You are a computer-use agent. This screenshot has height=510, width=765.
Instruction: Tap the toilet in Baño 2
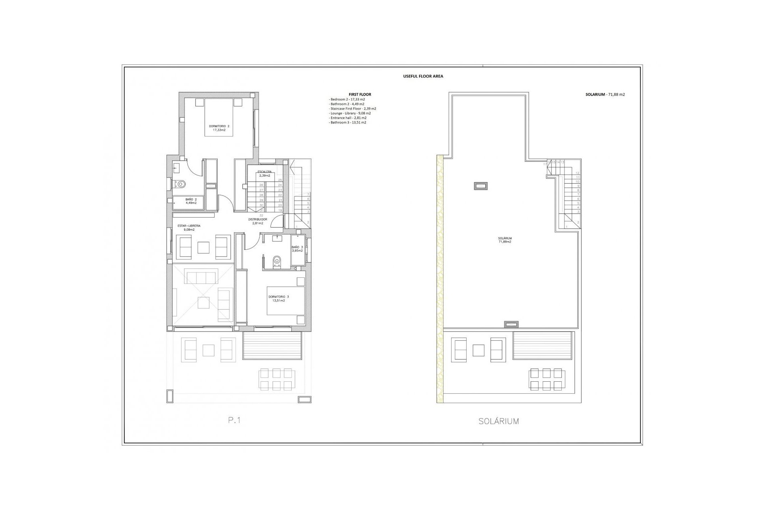pos(181,184)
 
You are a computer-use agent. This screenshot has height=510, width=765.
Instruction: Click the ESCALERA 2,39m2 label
pos(265,173)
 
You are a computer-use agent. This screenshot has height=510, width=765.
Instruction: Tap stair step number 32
pos(261,215)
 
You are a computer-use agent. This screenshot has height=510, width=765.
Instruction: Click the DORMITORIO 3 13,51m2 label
pos(279,298)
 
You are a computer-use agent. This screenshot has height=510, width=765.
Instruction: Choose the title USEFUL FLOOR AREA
pos(423,76)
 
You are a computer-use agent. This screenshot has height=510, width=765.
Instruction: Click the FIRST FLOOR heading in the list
pos(360,94)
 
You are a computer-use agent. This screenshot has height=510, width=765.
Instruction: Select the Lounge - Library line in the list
pos(351,113)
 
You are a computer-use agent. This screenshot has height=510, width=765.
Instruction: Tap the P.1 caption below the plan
pos(234,420)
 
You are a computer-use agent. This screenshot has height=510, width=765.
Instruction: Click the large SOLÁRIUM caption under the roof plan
pos(498,421)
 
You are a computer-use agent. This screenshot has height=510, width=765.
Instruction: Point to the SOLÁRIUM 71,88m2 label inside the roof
pos(504,240)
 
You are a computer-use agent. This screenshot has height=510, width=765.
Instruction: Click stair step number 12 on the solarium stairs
pos(577,173)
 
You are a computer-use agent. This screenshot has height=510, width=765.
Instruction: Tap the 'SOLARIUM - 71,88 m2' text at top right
pos(605,94)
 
